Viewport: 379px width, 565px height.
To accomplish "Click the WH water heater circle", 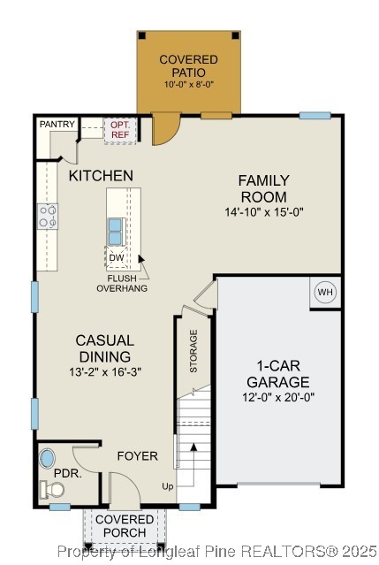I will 325,293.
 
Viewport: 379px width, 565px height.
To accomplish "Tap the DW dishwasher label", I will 117,258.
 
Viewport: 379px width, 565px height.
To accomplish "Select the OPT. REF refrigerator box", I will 119,130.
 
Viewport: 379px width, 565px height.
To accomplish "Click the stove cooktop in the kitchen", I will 48,216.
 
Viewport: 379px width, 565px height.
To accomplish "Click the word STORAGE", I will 193,350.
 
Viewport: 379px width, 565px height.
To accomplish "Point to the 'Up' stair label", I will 168,486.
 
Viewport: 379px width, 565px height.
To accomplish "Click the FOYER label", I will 138,456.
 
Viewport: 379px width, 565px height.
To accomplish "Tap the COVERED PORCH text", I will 125,526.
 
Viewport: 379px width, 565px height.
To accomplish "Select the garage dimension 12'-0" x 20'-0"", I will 278,398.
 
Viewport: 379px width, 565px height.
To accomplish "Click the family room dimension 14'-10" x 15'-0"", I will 263,212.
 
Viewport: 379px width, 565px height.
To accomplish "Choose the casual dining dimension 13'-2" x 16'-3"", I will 104,371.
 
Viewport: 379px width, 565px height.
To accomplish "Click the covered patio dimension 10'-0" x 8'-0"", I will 188,84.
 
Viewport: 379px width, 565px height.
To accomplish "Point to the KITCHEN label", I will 102,176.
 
